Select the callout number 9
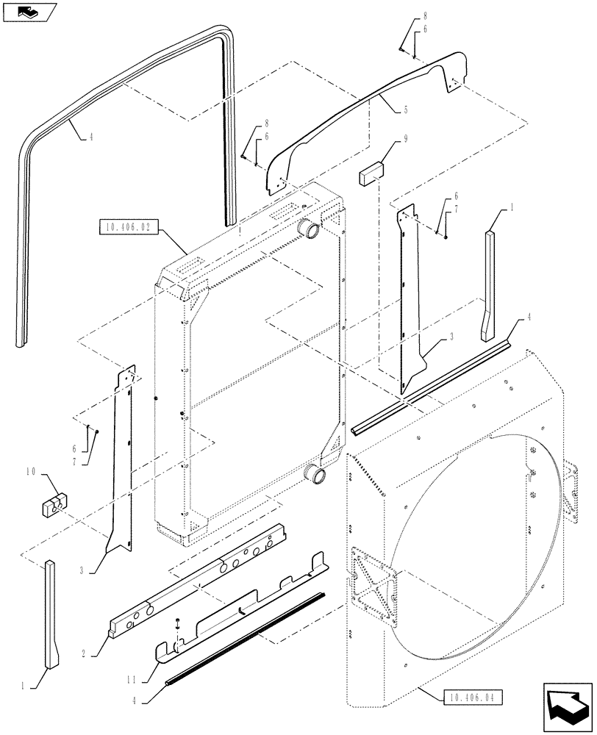click(407, 138)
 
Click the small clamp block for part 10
click(53, 506)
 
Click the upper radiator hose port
click(310, 229)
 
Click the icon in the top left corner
click(27, 10)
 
